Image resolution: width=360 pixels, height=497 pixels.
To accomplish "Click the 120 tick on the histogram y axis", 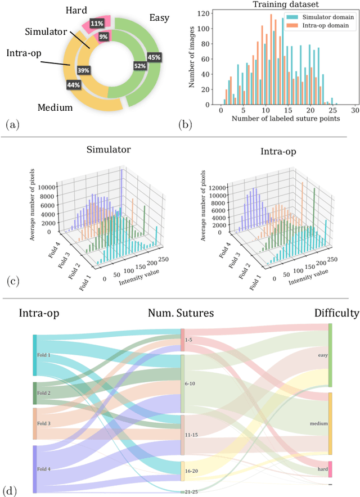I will pos(209,12).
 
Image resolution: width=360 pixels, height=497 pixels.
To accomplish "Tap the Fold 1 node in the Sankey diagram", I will pos(35,355).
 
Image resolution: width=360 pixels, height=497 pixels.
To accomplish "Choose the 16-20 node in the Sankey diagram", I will pos(182,471).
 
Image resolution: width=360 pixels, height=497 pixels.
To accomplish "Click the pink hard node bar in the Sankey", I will pos(330,469).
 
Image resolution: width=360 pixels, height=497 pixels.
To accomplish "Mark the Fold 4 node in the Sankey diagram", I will pos(35,469).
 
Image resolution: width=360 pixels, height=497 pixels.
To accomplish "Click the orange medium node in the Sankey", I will pos(330,423).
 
